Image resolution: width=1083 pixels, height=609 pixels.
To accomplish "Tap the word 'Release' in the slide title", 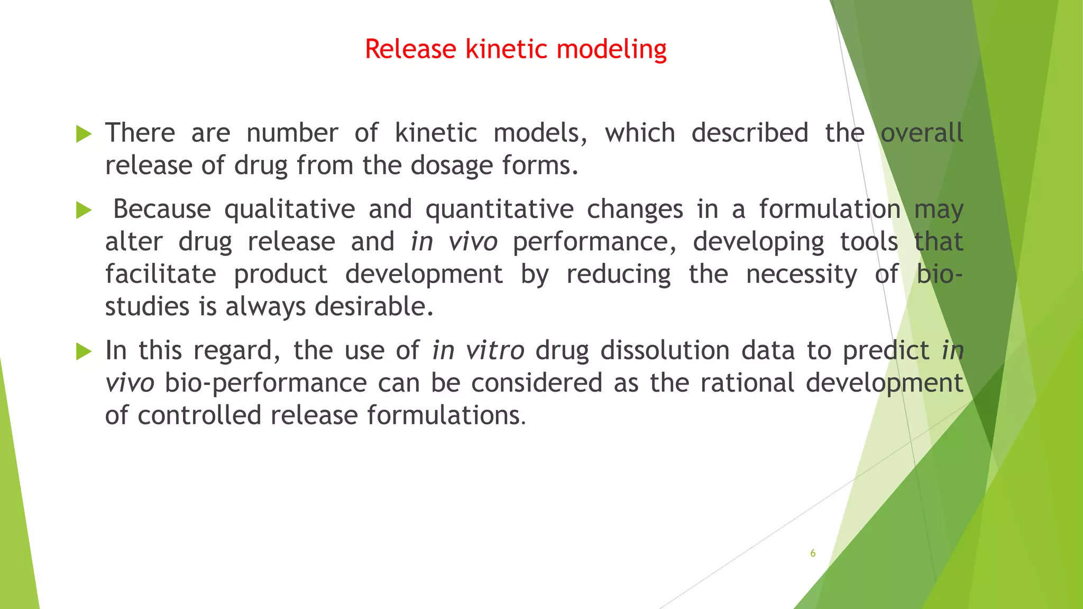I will tap(410, 49).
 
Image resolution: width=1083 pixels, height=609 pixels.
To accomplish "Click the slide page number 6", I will tap(813, 553).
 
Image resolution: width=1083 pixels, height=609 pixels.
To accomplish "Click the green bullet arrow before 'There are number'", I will tap(84, 134).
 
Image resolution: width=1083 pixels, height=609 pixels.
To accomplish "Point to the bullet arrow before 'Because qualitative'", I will tap(84, 210).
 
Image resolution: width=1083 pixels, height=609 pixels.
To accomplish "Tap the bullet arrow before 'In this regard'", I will tap(84, 351).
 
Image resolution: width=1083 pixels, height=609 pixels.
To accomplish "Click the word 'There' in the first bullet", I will tap(140, 133).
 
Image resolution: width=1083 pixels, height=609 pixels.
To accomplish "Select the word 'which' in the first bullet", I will tap(640, 133).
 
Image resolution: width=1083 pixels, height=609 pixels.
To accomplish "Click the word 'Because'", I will tap(162, 209).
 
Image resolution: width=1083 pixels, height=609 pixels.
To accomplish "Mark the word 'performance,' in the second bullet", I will tap(594, 243).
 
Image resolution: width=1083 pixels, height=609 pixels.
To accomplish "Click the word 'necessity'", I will tap(802, 275).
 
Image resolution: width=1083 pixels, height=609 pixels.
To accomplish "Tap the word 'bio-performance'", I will tap(265, 383).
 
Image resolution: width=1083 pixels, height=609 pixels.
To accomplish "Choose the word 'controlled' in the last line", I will tap(199, 415).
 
